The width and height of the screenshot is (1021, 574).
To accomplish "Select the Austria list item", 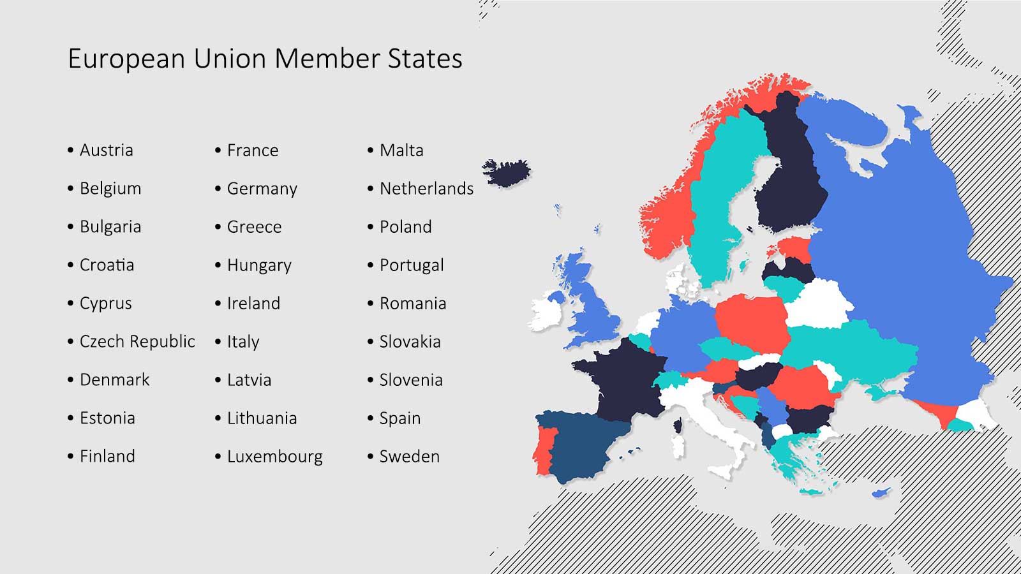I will coord(106,151).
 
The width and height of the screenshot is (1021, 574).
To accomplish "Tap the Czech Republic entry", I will coord(137,342).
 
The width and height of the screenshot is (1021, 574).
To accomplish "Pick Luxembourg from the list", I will coord(274,457).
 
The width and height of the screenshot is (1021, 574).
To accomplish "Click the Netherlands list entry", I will coord(426,189).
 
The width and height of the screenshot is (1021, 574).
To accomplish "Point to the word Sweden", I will coord(409,457).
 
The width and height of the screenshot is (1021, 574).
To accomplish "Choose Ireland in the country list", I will coord(253,304).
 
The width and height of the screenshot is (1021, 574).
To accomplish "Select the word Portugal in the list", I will coord(412,265).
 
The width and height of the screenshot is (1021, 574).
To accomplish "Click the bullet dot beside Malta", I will coord(371,151).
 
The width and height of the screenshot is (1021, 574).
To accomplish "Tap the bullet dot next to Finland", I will coord(71,457).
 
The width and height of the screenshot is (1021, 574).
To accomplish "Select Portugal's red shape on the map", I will coord(544,450).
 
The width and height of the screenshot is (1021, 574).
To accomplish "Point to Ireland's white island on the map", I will coord(544,313).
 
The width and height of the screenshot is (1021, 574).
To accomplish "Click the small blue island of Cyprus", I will coord(882,492).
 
